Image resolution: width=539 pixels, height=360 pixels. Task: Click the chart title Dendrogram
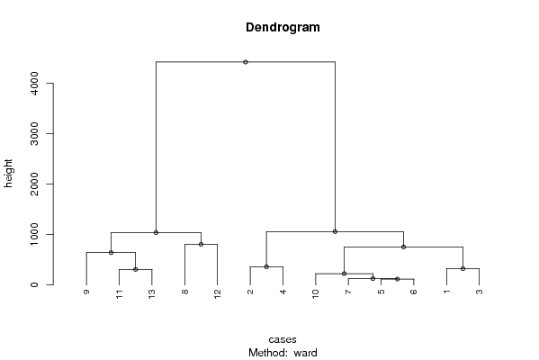(283, 27)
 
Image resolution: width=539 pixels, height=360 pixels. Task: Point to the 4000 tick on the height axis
(34, 83)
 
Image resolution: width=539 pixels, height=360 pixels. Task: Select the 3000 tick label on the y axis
(34, 133)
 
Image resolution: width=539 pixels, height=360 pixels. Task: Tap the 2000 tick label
(34, 184)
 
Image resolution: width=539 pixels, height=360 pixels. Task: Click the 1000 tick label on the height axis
(34, 235)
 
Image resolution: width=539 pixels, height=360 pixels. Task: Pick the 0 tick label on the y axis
(34, 284)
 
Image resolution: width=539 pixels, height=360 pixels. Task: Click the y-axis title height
(8, 174)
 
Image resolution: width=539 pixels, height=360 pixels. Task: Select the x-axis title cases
(283, 339)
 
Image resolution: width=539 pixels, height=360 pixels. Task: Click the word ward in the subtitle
(305, 353)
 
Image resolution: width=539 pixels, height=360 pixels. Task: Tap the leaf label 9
(86, 292)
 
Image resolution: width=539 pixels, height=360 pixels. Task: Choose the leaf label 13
(152, 294)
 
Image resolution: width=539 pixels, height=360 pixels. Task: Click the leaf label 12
(217, 294)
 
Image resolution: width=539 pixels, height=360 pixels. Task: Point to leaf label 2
(250, 292)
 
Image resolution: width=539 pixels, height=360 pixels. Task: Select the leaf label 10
(316, 294)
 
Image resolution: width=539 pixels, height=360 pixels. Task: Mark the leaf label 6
(414, 292)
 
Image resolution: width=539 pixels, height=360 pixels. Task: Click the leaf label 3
(480, 292)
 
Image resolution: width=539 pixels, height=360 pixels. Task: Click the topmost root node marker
(246, 62)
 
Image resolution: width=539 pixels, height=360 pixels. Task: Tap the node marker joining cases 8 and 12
(201, 245)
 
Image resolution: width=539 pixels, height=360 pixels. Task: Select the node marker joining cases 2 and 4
(266, 266)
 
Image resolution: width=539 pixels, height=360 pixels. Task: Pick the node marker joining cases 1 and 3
(463, 268)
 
